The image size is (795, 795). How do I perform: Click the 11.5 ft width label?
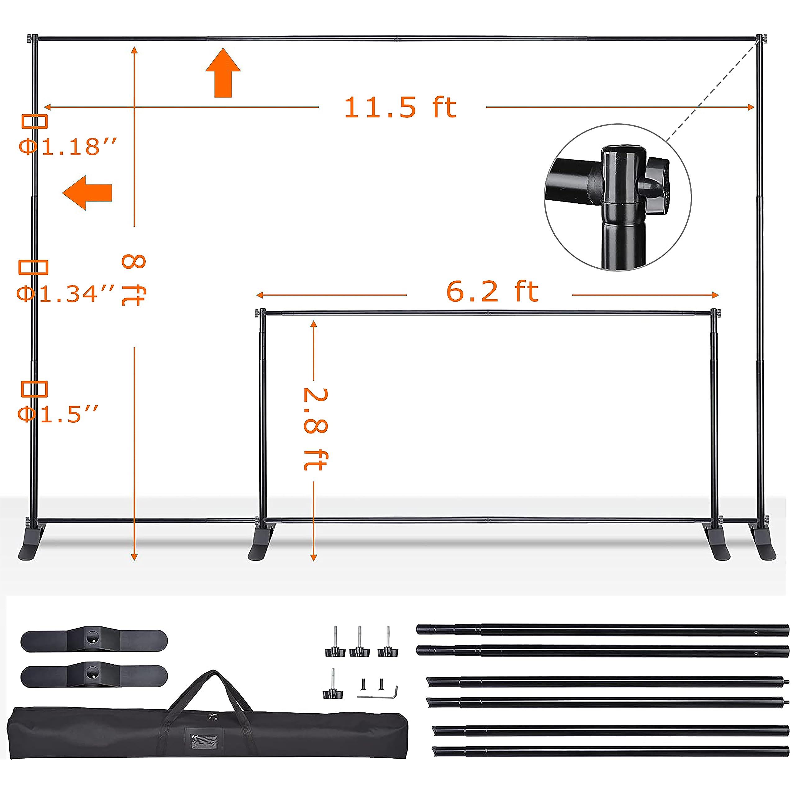tap(400, 108)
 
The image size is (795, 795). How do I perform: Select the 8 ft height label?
tap(134, 280)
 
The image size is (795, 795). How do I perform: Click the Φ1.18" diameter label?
tap(68, 147)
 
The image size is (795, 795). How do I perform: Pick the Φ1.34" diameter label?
tap(66, 293)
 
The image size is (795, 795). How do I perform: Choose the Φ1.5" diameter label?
tap(58, 414)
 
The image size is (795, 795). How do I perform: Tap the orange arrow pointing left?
tap(87, 193)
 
